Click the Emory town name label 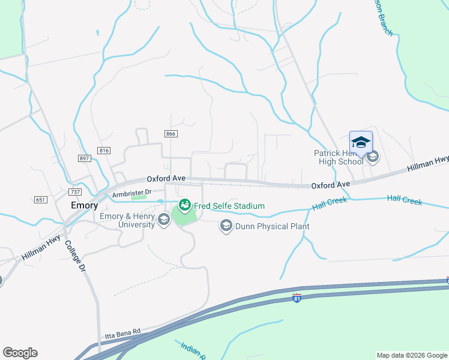[x=84, y=205]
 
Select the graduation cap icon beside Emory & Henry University [x=163, y=220]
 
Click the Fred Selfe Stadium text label [x=229, y=206]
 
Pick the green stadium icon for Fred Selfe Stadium [x=184, y=205]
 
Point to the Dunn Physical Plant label [x=272, y=226]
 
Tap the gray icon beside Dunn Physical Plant [x=226, y=226]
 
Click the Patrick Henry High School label [x=339, y=157]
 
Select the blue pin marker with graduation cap [x=361, y=143]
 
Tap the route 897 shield [x=84, y=158]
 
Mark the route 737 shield [x=75, y=192]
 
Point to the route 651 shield [x=41, y=200]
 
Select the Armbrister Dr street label [x=129, y=194]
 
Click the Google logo [x=20, y=353]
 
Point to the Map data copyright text [x=412, y=355]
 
